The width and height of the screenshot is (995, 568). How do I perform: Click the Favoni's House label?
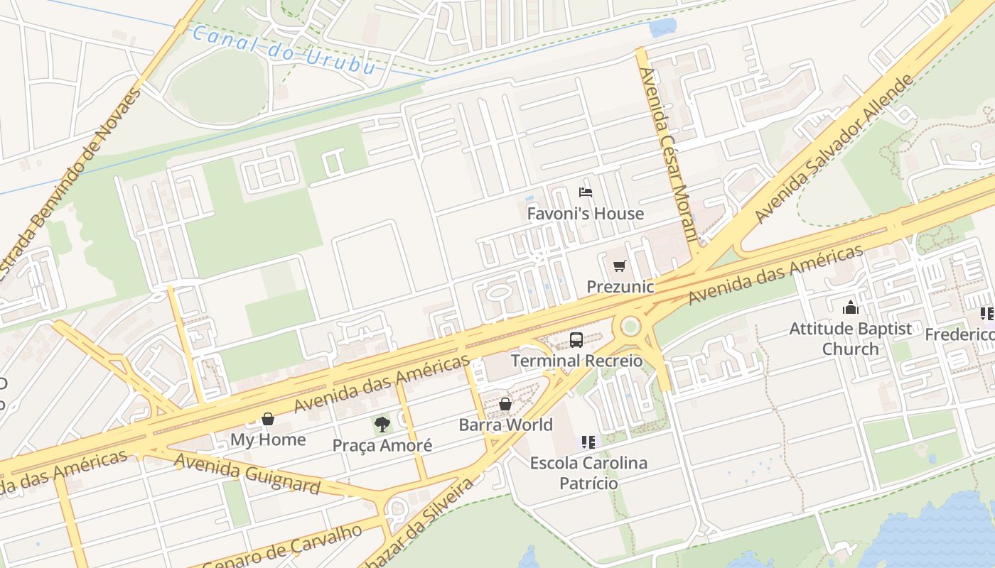point(585,214)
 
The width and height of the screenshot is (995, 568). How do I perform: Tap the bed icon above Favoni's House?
point(586,192)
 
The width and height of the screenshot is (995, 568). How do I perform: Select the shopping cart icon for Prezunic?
point(620,266)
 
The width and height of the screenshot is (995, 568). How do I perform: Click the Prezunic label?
point(620,287)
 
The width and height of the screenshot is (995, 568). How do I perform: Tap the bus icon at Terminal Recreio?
point(576,340)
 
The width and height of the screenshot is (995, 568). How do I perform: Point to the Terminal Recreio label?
point(576,361)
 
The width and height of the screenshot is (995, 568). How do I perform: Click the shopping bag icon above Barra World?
point(505,404)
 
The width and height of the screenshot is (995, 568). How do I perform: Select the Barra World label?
point(505,425)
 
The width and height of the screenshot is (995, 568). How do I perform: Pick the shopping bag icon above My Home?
point(268,419)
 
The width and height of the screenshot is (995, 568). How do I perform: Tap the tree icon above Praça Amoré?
point(382,425)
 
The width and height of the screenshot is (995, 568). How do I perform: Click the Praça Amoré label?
point(382,446)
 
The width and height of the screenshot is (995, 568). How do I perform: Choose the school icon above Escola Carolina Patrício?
point(588,442)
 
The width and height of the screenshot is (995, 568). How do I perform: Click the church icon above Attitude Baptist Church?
point(850,307)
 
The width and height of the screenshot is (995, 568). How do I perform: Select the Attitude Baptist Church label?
point(850,339)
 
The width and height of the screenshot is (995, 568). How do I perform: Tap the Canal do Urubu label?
point(284,50)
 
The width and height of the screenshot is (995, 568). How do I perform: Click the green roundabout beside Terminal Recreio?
point(630,327)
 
